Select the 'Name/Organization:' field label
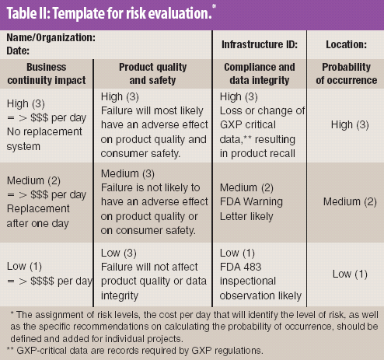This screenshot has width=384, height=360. tap(51, 37)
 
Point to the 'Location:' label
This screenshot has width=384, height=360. tap(345, 43)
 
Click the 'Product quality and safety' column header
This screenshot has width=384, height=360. tap(155, 74)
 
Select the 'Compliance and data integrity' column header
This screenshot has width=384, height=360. tap(257, 74)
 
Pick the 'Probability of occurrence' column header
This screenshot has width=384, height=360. tap(345, 74)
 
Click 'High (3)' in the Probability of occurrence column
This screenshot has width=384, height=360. tap(345, 124)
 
